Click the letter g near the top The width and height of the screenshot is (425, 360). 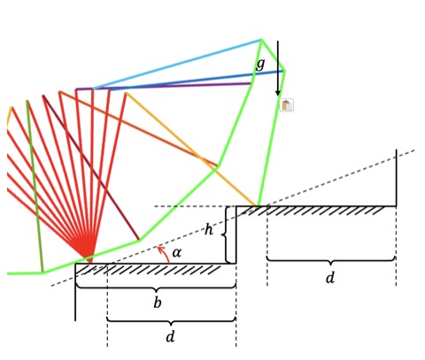[260, 64]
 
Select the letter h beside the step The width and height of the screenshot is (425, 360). [209, 229]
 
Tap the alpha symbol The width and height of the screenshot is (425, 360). [176, 253]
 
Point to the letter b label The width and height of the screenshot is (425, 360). [158, 303]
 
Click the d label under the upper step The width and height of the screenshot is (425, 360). [330, 278]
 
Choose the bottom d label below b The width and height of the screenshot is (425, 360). [170, 336]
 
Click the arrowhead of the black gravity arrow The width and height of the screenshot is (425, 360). [278, 92]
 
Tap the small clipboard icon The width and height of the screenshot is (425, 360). [286, 105]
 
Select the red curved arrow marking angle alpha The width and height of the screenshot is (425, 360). [164, 254]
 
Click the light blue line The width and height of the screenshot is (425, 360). [177, 64]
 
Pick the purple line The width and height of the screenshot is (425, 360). [163, 87]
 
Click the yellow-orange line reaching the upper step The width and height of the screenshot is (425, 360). [191, 149]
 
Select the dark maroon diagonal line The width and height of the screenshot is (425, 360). [90, 167]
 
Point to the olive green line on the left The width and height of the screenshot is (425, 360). [35, 186]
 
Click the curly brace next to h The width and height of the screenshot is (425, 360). [225, 234]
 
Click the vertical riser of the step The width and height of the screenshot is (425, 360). [236, 234]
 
